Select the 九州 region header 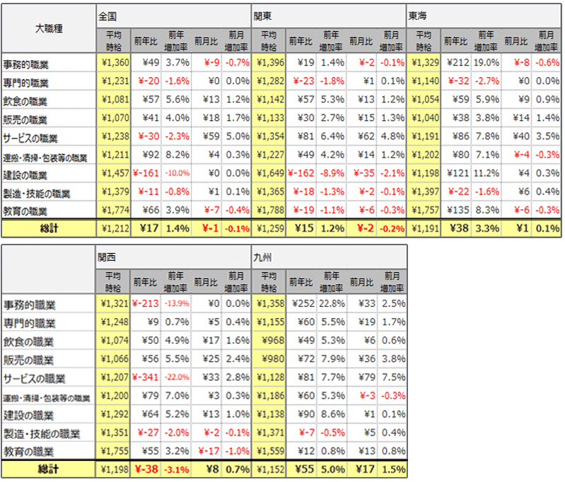click(x=262, y=257)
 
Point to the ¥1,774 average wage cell click(x=113, y=210)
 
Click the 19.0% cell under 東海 click(x=486, y=63)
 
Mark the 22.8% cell click(x=332, y=305)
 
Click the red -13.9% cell click(x=177, y=305)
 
